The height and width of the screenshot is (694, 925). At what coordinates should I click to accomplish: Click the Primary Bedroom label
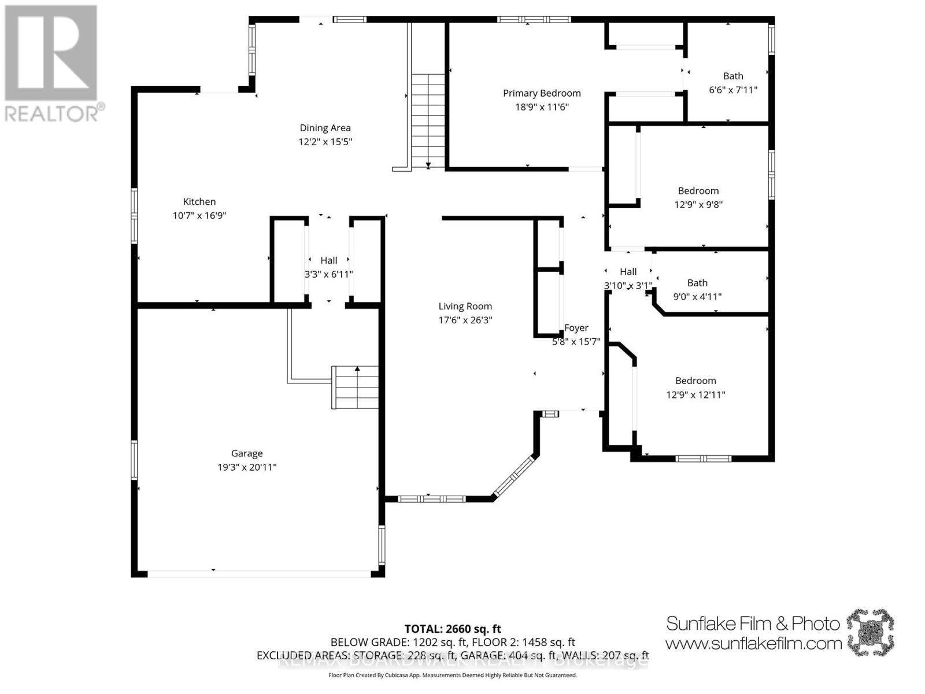(541, 93)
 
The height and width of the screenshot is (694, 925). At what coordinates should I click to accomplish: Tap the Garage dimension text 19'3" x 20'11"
(247, 467)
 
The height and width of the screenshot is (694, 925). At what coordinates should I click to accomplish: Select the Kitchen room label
(199, 202)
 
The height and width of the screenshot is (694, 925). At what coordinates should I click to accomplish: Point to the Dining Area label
(325, 128)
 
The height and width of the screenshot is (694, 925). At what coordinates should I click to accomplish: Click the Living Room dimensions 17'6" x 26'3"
(465, 320)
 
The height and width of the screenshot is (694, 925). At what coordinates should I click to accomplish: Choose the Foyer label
(576, 328)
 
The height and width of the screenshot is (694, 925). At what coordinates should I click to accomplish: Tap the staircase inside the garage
(356, 387)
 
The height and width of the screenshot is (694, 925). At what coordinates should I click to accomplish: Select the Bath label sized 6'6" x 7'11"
(733, 76)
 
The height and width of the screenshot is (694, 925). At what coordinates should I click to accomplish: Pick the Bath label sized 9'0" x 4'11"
(697, 283)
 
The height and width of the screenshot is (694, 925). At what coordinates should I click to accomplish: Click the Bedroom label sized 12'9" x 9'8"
(698, 191)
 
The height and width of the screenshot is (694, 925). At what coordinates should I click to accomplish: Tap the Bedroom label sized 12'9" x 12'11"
(695, 381)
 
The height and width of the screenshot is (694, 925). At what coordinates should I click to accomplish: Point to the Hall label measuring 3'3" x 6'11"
(329, 261)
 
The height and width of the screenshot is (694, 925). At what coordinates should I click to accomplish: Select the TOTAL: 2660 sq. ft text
(453, 629)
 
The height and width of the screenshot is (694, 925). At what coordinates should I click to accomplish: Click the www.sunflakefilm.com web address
(753, 643)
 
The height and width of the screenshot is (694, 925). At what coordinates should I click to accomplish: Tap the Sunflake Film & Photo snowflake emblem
(870, 632)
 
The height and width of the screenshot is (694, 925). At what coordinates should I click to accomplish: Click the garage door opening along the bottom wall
(258, 573)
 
